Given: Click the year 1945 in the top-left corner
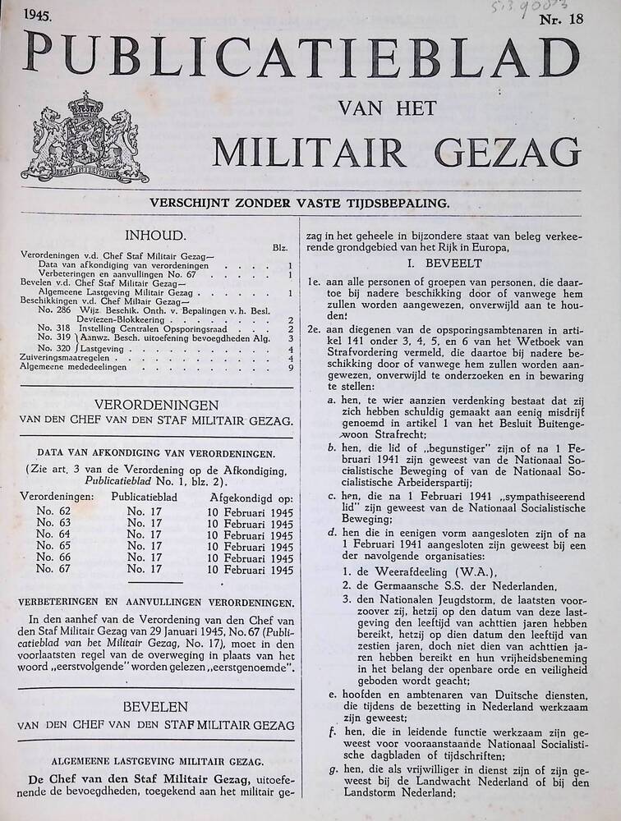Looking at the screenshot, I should [x=39, y=14].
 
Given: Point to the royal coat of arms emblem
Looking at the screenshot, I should [x=85, y=137].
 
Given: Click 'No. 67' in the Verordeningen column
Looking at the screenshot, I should [x=54, y=569].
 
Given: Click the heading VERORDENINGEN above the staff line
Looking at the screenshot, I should [x=156, y=405].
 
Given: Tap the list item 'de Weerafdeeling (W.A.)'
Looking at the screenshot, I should [x=424, y=571].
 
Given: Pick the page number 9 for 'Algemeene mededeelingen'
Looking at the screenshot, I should [x=292, y=367].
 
